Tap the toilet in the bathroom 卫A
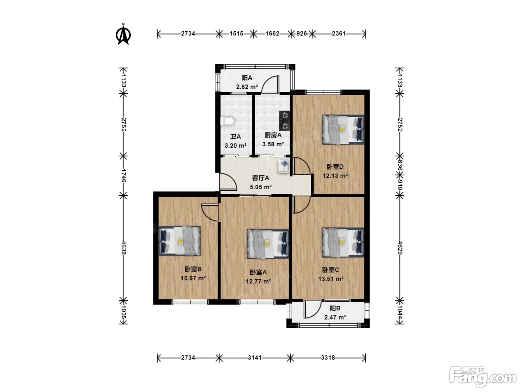click(228, 121)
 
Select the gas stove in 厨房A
click(285, 121)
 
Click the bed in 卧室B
click(180, 241)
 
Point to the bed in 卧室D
click(343, 130)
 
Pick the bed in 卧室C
click(343, 242)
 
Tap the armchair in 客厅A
click(284, 166)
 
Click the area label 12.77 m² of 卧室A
click(258, 281)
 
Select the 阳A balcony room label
click(247, 78)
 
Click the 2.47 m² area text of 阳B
click(335, 317)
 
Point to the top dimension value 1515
click(236, 34)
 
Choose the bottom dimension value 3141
click(255, 358)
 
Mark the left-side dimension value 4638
click(123, 248)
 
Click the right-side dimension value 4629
click(400, 248)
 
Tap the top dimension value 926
click(301, 34)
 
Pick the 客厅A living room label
click(260, 178)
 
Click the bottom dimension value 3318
click(328, 358)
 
